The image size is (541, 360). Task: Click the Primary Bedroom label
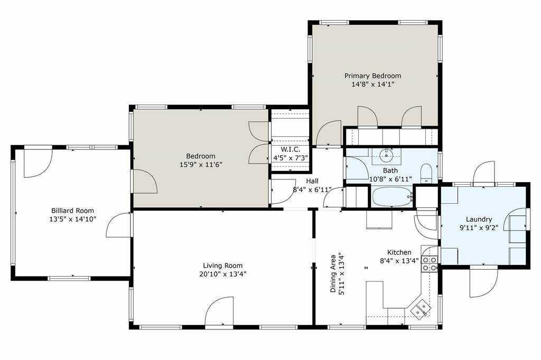coord(372,75)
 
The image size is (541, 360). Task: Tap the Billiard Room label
coord(73,210)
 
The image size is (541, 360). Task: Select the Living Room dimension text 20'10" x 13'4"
coord(223,274)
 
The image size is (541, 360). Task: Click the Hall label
coord(312,181)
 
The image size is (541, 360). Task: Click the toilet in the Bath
coord(426,173)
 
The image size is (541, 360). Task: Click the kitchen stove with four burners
coord(429,263)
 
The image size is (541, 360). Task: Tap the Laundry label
coord(479,219)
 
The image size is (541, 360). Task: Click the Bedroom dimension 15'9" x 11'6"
coord(200,164)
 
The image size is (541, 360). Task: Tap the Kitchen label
coord(399,252)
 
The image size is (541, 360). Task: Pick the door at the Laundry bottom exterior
coord(483,280)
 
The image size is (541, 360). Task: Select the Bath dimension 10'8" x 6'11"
coord(390,179)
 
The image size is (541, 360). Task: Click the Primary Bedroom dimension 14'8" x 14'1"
coord(372,84)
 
